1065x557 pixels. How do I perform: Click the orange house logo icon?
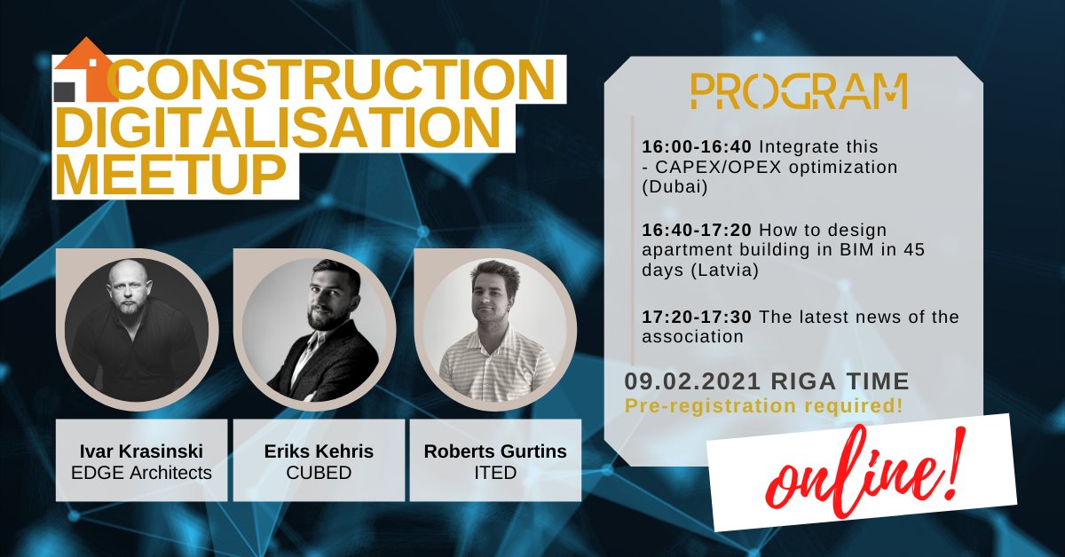point(85,70)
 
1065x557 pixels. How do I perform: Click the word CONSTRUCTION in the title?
point(332,79)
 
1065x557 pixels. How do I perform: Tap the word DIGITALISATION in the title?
point(279,127)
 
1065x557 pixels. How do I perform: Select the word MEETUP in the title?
point(171,174)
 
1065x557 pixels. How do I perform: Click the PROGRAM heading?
point(799,91)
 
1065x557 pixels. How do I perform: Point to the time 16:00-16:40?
point(697,147)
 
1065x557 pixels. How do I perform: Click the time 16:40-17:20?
point(697,230)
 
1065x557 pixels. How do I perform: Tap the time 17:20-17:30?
point(697,317)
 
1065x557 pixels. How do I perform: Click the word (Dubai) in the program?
point(674,187)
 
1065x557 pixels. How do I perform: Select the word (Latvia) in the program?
point(724,271)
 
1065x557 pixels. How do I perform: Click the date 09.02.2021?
point(691,381)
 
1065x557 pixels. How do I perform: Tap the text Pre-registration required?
point(763,406)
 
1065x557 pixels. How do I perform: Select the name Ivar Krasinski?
point(141,451)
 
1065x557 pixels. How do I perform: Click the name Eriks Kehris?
point(319,451)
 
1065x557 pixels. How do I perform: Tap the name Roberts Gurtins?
point(495,451)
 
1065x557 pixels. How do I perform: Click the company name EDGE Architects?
point(141,473)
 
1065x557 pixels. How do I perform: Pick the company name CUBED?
point(319,473)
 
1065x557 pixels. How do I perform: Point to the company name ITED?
point(495,473)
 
